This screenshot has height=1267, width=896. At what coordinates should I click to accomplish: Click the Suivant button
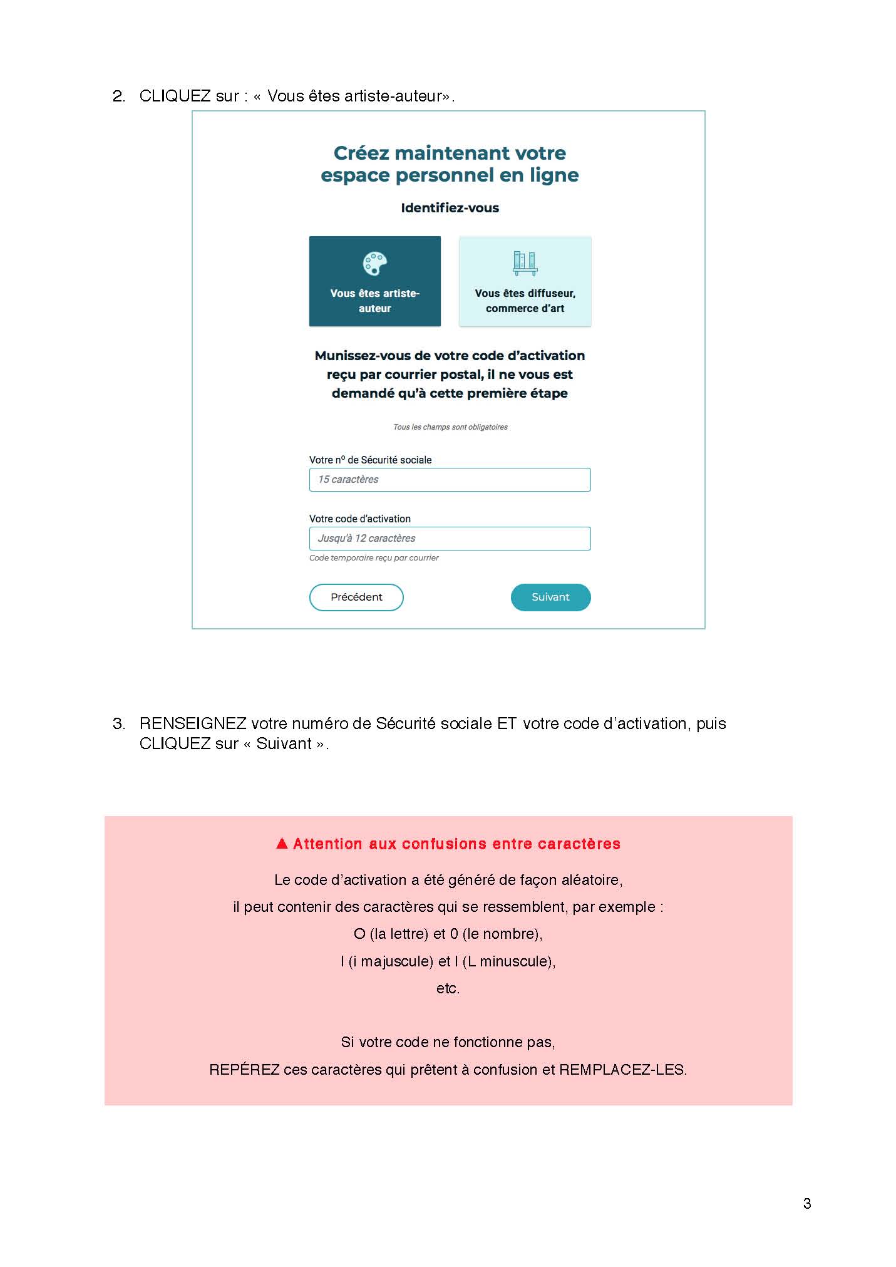coord(550,597)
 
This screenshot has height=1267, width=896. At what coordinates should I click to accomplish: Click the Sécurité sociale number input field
coord(450,480)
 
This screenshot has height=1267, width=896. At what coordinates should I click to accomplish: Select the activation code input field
coord(450,539)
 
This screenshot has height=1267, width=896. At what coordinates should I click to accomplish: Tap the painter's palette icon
coord(375,264)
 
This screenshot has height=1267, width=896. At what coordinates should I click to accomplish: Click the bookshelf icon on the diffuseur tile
coord(525,263)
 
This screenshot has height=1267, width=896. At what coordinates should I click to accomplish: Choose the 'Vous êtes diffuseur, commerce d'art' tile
coord(525,282)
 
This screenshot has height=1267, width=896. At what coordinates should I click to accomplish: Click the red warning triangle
coord(282,843)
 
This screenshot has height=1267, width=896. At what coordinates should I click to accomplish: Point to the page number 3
coord(806,1203)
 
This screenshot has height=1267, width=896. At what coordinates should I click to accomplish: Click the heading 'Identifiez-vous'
coord(450,208)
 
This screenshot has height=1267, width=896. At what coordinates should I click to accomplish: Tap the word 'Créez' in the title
coord(361,153)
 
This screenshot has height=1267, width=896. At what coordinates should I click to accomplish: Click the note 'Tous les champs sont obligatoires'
coord(450,427)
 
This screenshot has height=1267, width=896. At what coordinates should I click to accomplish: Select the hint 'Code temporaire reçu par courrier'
coord(374,558)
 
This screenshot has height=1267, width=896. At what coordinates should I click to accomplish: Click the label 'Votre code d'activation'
coord(360,519)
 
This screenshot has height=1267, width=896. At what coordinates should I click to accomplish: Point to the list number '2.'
coord(119,96)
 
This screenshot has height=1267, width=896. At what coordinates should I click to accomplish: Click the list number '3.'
coord(119,724)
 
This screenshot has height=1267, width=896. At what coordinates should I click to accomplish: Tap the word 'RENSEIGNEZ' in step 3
coord(193,724)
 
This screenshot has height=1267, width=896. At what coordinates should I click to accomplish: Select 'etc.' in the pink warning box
coord(448,988)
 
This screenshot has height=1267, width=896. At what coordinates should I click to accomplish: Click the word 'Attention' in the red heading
coord(327,844)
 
